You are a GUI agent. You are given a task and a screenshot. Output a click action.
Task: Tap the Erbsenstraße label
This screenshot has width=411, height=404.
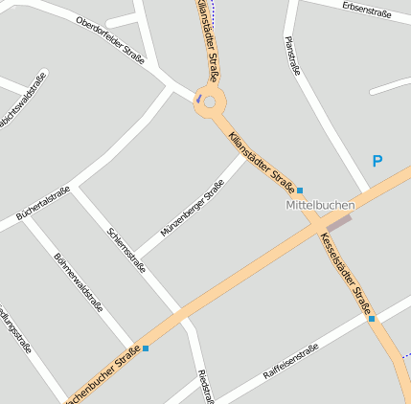(367, 9)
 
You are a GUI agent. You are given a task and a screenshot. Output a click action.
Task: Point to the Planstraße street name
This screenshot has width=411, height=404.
(292, 56)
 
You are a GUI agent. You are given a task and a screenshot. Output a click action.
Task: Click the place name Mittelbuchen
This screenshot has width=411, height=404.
(320, 205)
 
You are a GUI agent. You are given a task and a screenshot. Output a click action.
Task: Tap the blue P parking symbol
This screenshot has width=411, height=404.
(377, 162)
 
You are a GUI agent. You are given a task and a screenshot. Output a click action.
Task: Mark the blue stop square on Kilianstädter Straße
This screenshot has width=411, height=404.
(300, 190)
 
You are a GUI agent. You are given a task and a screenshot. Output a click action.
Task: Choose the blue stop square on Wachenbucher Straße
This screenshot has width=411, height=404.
(146, 348)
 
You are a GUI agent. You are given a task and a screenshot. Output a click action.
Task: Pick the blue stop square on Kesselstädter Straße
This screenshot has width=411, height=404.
(372, 318)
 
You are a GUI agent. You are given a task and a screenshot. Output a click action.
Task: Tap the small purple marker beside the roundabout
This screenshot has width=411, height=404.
(198, 97)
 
